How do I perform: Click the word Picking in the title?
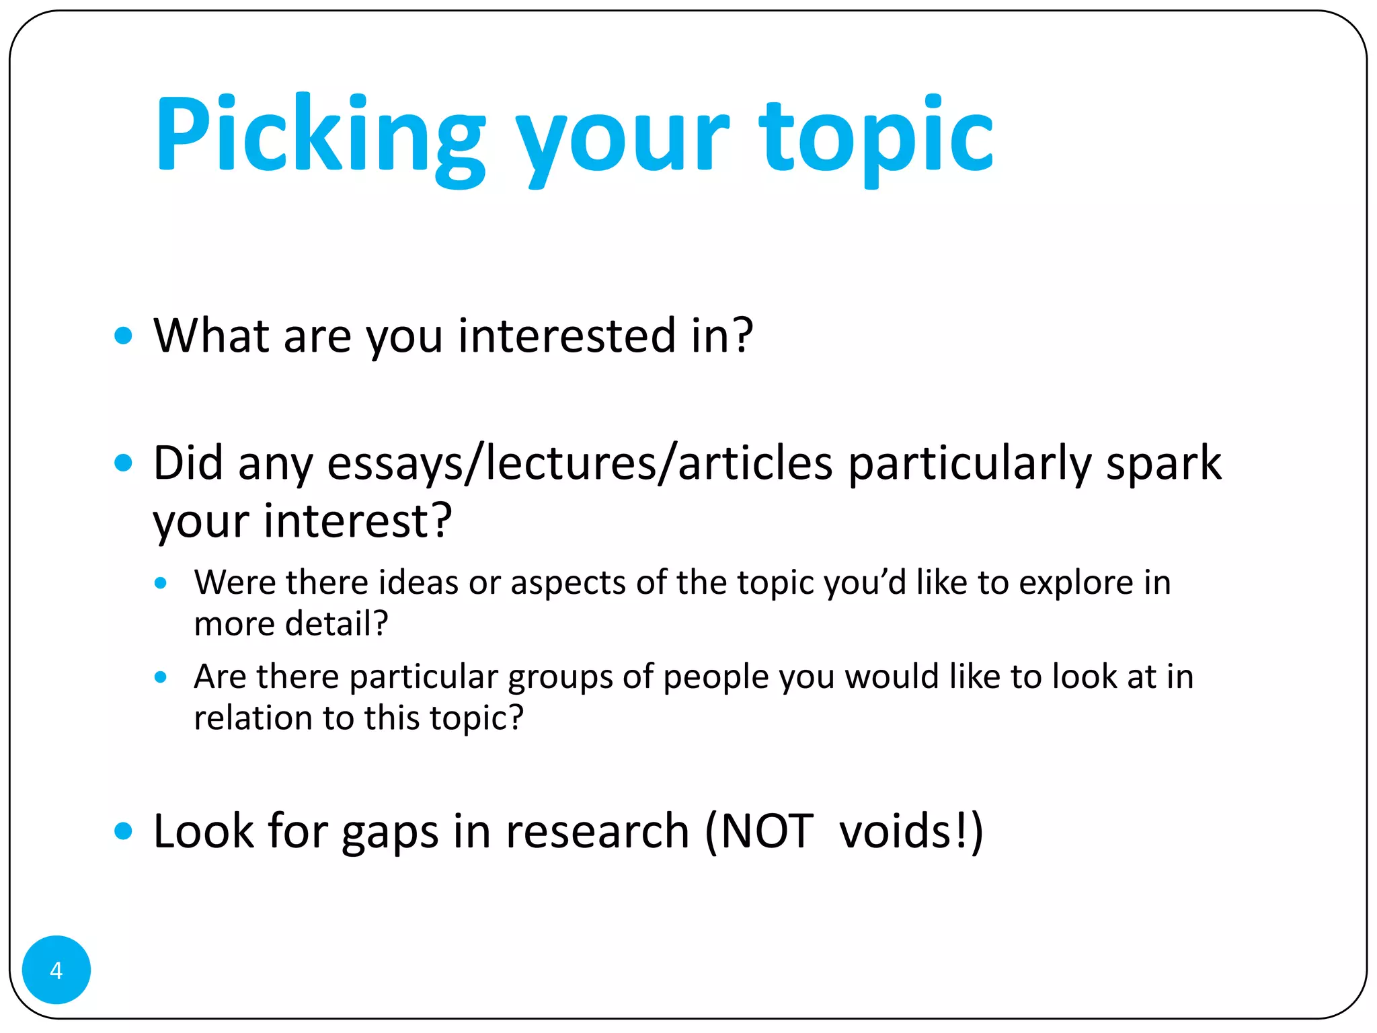tap(320, 135)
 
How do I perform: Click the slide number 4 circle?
tap(56, 970)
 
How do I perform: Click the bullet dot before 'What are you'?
tap(123, 335)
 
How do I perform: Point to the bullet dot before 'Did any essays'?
tap(123, 463)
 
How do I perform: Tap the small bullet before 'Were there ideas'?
tap(160, 582)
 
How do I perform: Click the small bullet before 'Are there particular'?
tap(160, 677)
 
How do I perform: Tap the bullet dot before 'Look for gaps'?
tap(123, 831)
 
